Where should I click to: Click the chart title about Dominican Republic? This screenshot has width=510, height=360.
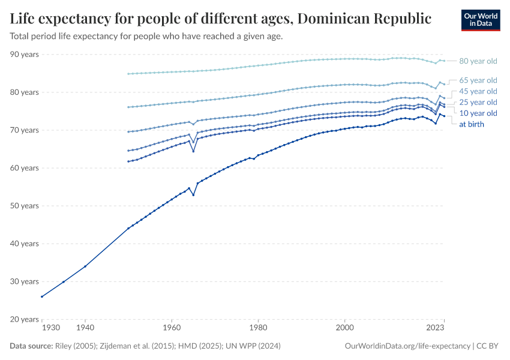(220, 19)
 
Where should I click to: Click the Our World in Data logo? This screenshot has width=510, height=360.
(480, 20)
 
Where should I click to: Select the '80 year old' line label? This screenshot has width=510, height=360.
(478, 61)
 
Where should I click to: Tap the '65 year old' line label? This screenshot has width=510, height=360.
(478, 80)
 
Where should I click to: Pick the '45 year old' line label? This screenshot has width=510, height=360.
(478, 91)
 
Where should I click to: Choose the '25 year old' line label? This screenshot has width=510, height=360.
(478, 102)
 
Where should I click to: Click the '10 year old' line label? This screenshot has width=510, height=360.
(478, 113)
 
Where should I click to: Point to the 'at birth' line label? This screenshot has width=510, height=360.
(472, 124)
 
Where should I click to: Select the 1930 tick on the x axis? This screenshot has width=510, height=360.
(50, 328)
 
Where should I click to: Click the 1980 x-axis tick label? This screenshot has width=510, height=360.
(258, 328)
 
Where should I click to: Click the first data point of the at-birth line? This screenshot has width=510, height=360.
(42, 296)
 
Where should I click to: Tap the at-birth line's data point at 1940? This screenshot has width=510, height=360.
(85, 266)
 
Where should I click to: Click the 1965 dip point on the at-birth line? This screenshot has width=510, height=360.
(193, 195)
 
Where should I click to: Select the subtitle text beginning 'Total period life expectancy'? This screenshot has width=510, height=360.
(146, 36)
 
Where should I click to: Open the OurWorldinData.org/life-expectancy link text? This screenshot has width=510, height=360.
(408, 346)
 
